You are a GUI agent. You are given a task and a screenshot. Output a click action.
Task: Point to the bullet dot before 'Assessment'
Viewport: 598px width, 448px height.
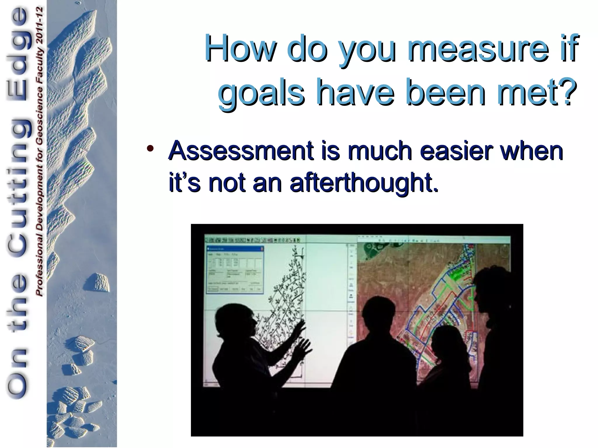tap(150, 148)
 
